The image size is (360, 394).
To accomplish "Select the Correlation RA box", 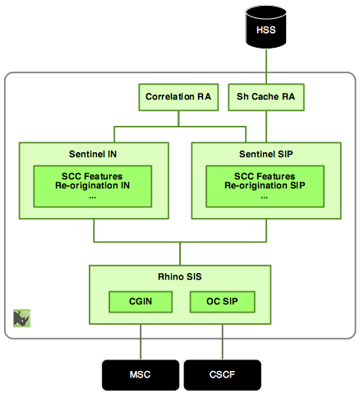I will pyautogui.click(x=178, y=96).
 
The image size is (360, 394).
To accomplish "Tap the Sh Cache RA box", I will pyautogui.click(x=265, y=96).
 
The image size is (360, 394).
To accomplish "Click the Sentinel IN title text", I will pyautogui.click(x=93, y=154).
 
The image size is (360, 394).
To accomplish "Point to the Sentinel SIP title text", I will pyautogui.click(x=265, y=154).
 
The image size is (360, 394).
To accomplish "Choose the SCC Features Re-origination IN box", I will pyautogui.click(x=93, y=186).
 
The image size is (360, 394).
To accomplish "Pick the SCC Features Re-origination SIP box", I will pyautogui.click(x=265, y=186).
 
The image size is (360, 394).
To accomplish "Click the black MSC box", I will pyautogui.click(x=140, y=375).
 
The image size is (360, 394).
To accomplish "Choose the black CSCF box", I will pyautogui.click(x=222, y=375).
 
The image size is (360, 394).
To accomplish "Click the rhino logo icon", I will pyautogui.click(x=21, y=318).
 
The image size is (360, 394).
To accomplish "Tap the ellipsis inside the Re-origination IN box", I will pyautogui.click(x=93, y=197).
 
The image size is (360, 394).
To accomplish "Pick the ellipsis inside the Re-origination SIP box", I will pyautogui.click(x=265, y=197).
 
